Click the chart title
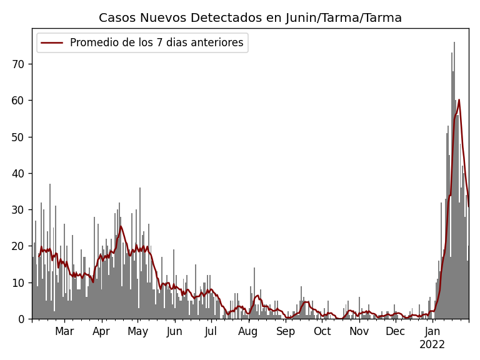[250, 18]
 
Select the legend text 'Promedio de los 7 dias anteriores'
[156, 43]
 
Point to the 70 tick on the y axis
[17, 64]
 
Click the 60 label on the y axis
[17, 100]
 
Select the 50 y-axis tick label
[17, 137]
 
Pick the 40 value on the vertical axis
[17, 173]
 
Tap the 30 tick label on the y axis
[17, 209]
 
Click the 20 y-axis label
[17, 246]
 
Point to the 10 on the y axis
[17, 282]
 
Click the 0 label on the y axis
[21, 319]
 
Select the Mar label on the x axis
[64, 332]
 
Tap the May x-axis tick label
[137, 332]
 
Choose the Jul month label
[211, 332]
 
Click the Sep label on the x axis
[286, 332]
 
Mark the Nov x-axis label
[359, 332]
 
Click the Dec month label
[395, 332]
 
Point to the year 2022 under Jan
[432, 345]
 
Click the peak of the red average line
[459, 99]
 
